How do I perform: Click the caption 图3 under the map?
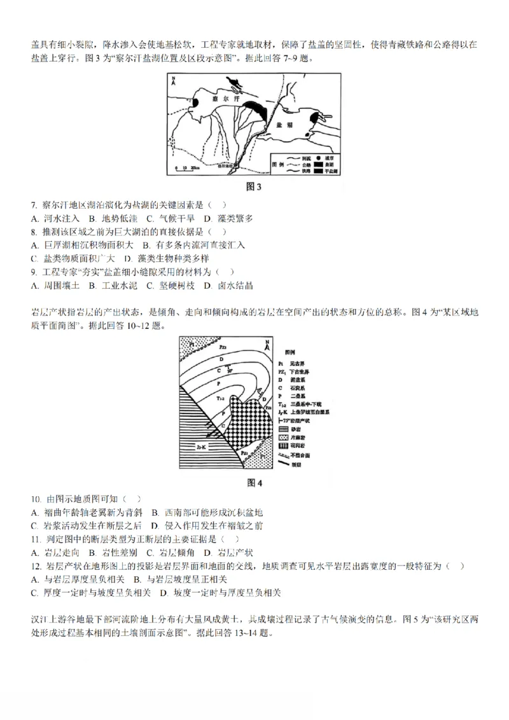tap(254, 186)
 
